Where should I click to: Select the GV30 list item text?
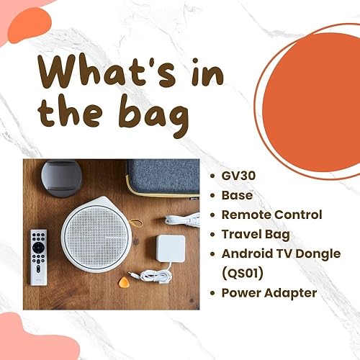click(x=238, y=176)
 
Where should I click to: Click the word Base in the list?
click(x=237, y=195)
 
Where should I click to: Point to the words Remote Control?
click(x=271, y=215)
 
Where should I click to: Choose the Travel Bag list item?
click(x=256, y=235)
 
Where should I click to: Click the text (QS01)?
click(x=243, y=274)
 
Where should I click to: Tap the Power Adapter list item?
click(x=269, y=293)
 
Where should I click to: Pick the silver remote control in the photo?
click(x=39, y=257)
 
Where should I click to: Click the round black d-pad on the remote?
click(x=38, y=248)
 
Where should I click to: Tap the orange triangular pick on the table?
click(x=124, y=282)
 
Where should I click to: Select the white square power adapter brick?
click(x=171, y=248)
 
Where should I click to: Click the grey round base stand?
click(x=61, y=179)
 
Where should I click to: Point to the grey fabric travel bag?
click(x=163, y=177)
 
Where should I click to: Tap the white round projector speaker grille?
click(x=96, y=236)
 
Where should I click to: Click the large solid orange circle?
click(x=311, y=102)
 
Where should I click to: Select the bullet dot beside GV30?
click(x=212, y=176)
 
